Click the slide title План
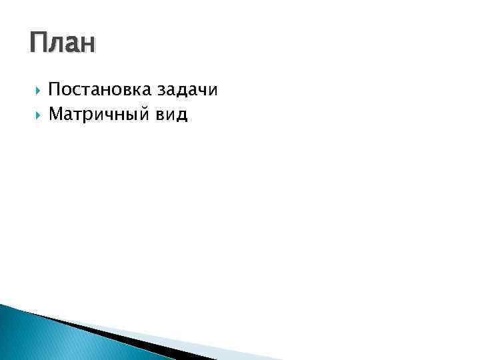63,43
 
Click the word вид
171,115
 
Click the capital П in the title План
39,43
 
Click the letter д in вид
182,116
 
